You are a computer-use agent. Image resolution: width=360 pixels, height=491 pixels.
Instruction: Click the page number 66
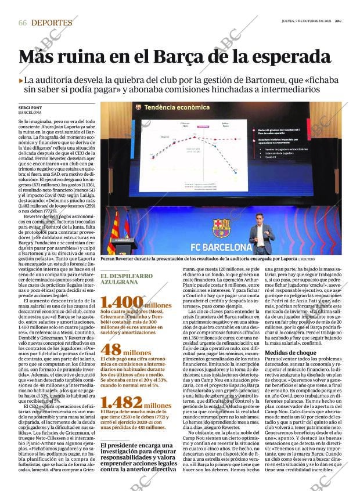23,23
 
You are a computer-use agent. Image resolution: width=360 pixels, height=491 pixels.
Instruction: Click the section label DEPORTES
52,23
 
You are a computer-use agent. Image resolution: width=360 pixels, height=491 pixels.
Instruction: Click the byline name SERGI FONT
31,108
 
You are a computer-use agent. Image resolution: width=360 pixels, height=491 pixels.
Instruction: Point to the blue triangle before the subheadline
21,81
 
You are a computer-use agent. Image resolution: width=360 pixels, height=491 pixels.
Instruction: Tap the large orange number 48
111,350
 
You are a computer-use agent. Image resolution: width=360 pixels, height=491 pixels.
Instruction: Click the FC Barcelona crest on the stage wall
221,228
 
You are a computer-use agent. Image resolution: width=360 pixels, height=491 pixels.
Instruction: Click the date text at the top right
309,21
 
